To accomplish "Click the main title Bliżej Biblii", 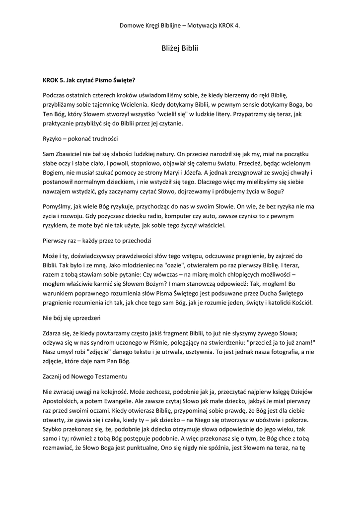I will coord(180,49).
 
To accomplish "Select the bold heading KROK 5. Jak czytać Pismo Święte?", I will coord(89,79).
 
